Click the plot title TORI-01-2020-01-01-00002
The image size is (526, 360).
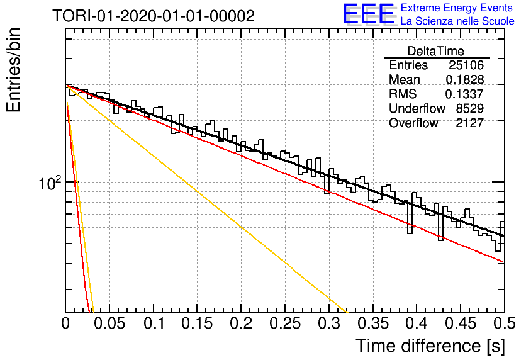[x=154, y=16]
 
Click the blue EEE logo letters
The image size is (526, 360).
[x=369, y=14]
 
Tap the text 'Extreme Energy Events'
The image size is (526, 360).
[x=457, y=8]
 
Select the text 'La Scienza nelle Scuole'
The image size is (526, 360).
[x=457, y=21]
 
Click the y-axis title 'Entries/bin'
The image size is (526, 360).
[x=13, y=70]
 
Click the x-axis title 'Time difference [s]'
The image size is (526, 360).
[x=430, y=346]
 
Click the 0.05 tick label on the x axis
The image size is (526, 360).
[x=109, y=323]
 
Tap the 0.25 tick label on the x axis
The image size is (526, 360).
[x=285, y=323]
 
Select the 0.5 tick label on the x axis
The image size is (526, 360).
[x=505, y=323]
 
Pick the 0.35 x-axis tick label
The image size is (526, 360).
[x=373, y=323]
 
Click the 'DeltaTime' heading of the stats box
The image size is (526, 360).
[x=436, y=51]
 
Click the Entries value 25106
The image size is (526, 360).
[x=466, y=65]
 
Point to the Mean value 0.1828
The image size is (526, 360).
[x=464, y=79]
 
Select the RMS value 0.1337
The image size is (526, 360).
[x=464, y=94]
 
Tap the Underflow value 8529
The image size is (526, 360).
[x=469, y=108]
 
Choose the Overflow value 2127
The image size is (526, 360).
[x=469, y=123]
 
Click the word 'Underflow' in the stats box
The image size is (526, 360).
[x=417, y=108]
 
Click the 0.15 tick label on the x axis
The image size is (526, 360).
[x=198, y=323]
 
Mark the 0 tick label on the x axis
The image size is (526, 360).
[x=65, y=323]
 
